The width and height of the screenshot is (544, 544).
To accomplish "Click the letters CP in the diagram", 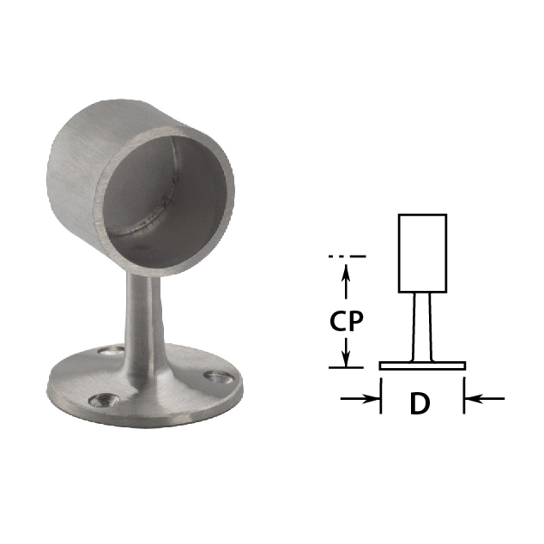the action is pos(347,321).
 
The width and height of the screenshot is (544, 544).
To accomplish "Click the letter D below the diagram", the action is pos(420,403).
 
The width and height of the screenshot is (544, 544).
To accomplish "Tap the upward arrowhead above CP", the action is pos(346,272).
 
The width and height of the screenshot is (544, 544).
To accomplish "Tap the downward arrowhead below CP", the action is pos(346,359).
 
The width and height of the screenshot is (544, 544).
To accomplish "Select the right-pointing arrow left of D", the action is pos(360,399).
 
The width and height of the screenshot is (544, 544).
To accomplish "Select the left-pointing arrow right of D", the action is pos(484,399).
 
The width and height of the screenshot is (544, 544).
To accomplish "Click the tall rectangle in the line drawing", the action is pos(422,253).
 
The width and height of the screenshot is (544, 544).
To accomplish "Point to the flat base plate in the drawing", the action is pos(422,366).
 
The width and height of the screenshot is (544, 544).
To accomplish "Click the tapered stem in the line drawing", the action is pos(422,327).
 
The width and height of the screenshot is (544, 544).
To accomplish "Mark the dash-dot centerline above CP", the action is pos(347,257).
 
